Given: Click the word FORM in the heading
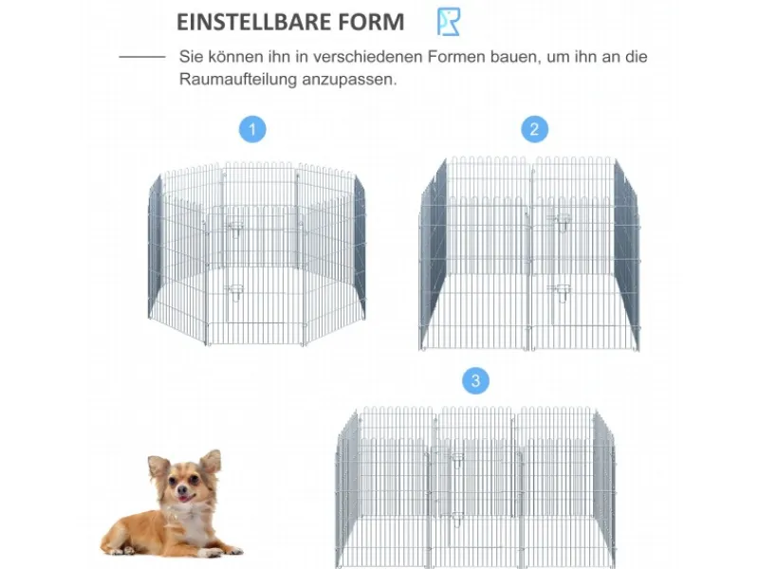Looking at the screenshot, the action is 371,22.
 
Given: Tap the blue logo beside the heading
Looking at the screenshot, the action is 449,22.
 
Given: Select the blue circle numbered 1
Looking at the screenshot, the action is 252,129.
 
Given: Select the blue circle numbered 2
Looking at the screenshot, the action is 534,129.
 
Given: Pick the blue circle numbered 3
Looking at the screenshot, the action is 476,381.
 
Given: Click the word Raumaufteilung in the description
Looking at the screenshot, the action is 238,79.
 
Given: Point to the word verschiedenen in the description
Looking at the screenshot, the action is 368,57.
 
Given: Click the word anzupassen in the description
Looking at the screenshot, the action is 349,80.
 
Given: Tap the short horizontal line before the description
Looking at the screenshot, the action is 142,57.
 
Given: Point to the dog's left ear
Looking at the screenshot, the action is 211,462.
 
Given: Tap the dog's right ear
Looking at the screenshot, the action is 157,467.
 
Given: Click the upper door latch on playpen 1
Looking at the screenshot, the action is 235,228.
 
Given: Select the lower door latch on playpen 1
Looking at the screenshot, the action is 235,291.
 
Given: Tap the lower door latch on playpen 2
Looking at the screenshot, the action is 563,293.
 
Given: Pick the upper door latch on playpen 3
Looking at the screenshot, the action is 457,459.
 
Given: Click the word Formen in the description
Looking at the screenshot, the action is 456,57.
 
